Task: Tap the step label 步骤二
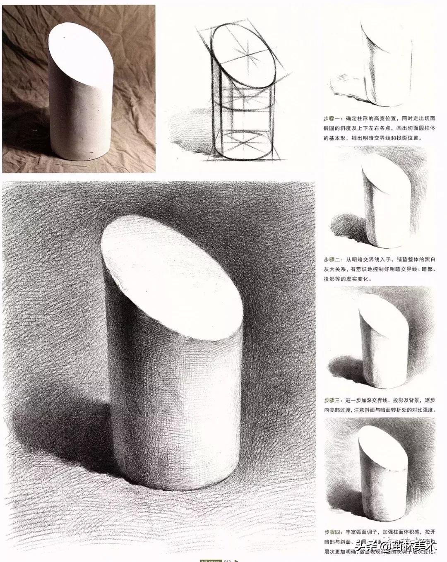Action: coord(332,260)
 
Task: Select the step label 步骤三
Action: coord(332,400)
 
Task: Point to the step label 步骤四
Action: coord(332,532)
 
